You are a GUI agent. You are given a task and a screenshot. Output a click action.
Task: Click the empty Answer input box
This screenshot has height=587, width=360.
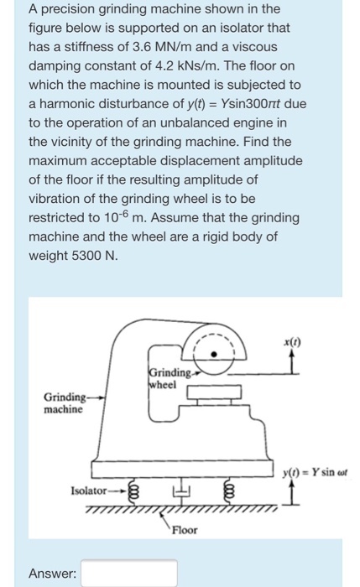(x=129, y=572)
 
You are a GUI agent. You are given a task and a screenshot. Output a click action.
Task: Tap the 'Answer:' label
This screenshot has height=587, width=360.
(x=52, y=573)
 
